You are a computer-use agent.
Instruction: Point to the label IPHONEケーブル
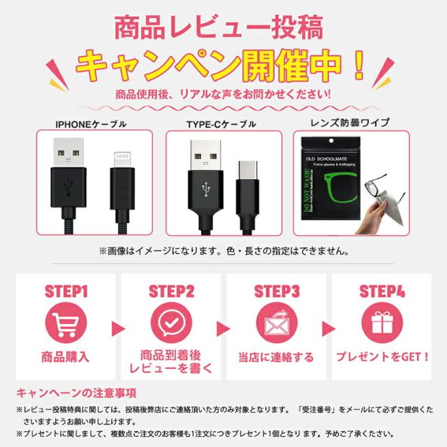91,125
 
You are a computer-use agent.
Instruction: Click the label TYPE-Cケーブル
221,126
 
